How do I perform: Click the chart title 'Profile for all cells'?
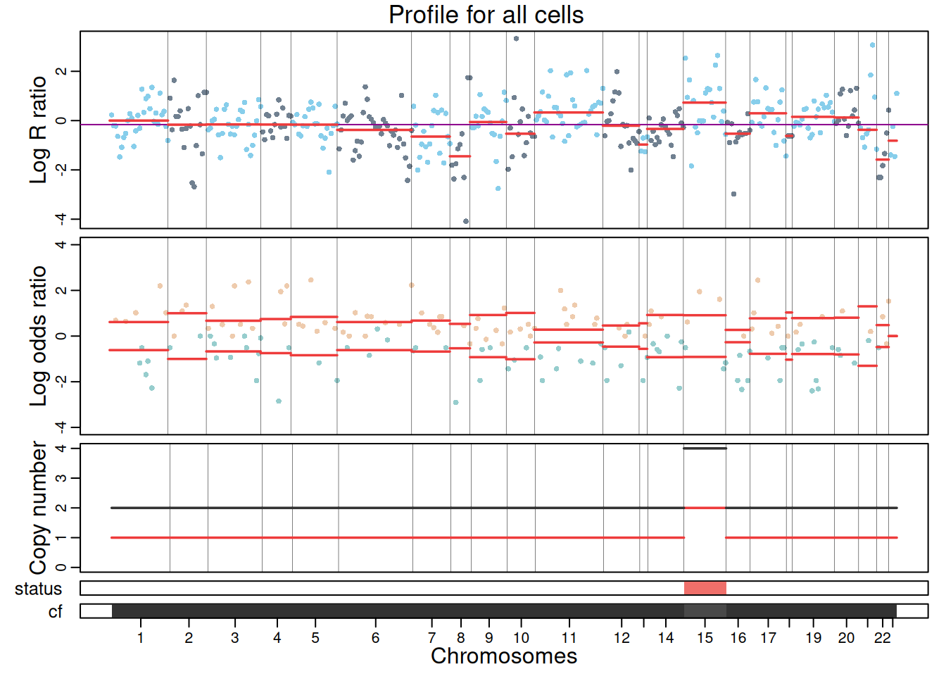click(x=486, y=15)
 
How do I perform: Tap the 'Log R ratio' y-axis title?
click(x=38, y=130)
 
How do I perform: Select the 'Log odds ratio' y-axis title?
click(x=38, y=336)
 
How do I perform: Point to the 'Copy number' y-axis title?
click(x=38, y=508)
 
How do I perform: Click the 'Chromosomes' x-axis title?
click(x=504, y=656)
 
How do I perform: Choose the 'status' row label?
click(x=38, y=589)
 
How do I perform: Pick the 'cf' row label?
click(x=55, y=612)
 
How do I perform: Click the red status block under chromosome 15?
click(x=705, y=588)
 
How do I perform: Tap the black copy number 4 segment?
click(x=705, y=448)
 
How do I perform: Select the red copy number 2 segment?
click(x=705, y=508)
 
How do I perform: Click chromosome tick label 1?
click(x=141, y=638)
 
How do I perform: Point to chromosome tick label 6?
click(x=375, y=638)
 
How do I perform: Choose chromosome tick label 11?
click(x=569, y=638)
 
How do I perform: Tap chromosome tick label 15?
click(x=705, y=638)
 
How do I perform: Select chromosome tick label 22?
click(x=882, y=638)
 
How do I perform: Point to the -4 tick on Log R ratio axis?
click(x=62, y=219)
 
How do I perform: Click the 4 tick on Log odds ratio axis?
click(x=62, y=244)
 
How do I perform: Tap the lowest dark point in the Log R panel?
click(x=466, y=221)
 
